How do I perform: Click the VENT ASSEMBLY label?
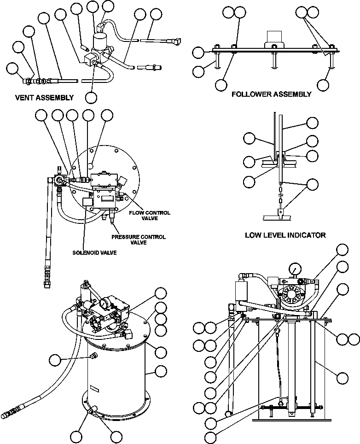click(x=44, y=98)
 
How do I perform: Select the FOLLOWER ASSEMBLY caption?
click(x=271, y=94)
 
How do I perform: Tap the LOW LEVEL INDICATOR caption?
click(x=285, y=235)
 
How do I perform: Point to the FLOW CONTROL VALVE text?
click(x=149, y=216)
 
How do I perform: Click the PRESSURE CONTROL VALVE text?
click(x=139, y=240)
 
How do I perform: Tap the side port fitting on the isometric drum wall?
click(x=94, y=356)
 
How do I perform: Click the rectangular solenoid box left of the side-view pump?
click(x=242, y=290)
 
